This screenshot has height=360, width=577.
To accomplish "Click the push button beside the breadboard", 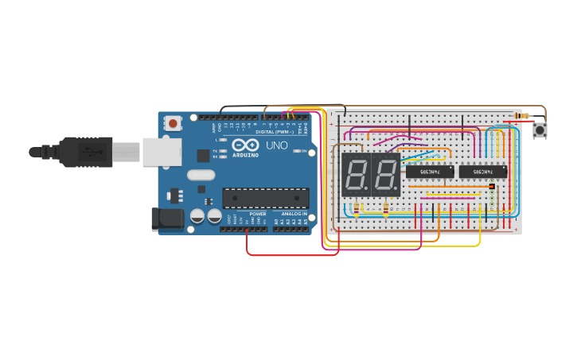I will [540, 130].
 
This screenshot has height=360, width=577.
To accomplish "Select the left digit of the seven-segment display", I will [355, 175].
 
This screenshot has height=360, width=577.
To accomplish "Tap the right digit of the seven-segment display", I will [385, 175].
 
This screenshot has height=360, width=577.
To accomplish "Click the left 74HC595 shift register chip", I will [430, 171].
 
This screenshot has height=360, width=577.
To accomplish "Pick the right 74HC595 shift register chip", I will [482, 171].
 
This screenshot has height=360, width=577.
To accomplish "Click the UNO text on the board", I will [276, 146].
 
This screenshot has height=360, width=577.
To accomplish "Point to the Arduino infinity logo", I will [247, 146].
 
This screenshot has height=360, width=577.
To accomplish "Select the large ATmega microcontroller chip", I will [265, 198].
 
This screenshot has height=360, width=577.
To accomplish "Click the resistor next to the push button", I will [521, 116].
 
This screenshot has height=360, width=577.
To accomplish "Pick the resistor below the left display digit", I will [357, 211].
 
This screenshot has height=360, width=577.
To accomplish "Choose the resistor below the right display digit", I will [386, 211].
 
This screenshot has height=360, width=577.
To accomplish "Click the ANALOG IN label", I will [294, 214].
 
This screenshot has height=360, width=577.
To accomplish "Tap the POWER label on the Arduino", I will [258, 214].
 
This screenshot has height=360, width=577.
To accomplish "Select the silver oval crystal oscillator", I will [201, 176].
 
